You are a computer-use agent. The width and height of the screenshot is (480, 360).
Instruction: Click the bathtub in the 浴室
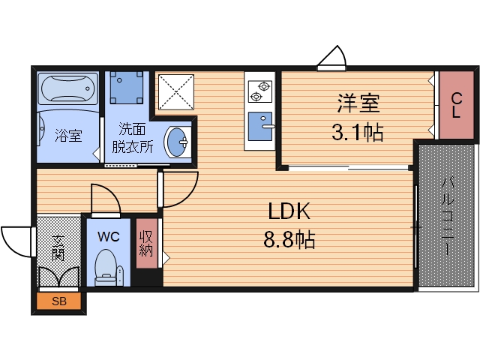tap(67, 91)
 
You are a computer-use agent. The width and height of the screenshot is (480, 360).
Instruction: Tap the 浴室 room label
tap(67, 136)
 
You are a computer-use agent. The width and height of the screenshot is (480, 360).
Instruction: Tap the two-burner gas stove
tap(259, 91)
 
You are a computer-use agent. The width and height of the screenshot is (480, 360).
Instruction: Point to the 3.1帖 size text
tap(357, 133)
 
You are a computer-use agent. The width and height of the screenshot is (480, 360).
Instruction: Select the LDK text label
tap(284, 212)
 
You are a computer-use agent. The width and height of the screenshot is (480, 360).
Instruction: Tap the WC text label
tap(109, 236)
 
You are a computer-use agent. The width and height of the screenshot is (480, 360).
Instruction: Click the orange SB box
tap(58, 302)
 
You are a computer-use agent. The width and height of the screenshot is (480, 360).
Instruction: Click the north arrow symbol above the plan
tap(331, 58)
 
